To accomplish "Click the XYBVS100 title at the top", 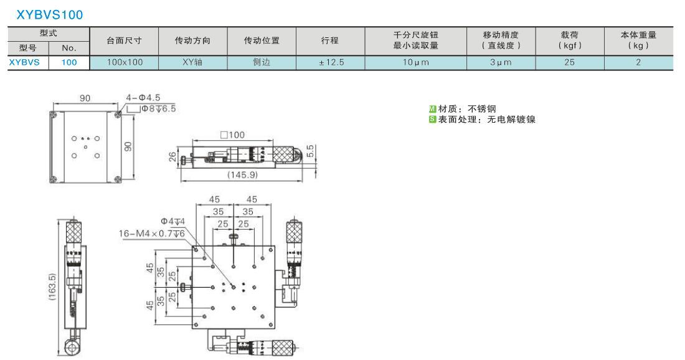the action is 49,15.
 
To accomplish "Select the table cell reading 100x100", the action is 125,62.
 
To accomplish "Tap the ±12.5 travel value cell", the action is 331,62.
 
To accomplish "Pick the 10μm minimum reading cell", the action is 416,62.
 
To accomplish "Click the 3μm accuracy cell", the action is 501,62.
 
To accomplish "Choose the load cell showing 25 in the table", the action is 569,62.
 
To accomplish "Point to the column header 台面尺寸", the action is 124,40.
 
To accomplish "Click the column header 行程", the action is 330,40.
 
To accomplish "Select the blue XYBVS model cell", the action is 24,62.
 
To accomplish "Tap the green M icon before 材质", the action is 433,109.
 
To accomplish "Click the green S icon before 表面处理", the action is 433,119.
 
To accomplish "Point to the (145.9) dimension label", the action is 242,175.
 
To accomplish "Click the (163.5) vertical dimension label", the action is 52,287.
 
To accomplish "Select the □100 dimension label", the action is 232,135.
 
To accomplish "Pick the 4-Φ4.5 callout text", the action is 143,97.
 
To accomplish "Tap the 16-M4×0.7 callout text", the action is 151,234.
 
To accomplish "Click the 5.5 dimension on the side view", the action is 310,151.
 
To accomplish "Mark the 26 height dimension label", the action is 172,156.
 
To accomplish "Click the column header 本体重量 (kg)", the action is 638,40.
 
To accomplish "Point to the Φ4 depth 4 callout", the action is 172,222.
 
